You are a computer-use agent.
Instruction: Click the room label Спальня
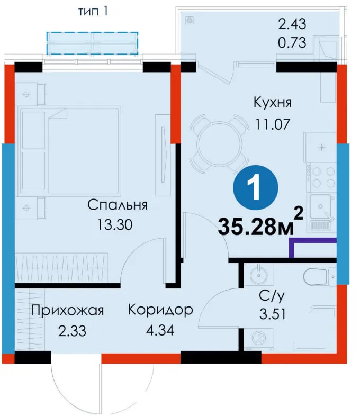tap(118, 205)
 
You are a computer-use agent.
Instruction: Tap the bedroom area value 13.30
tap(115, 225)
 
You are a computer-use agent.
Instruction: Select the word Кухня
tap(273, 102)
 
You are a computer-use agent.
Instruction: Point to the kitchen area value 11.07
tap(273, 124)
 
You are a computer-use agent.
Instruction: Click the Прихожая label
tap(67, 310)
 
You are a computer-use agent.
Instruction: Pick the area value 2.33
tap(72, 331)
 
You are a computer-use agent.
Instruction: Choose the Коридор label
tap(160, 310)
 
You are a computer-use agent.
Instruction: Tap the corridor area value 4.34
tap(160, 330)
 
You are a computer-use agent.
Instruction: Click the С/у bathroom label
tap(272, 295)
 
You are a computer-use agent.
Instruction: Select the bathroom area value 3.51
tap(273, 314)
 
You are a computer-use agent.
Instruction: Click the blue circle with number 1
tap(256, 187)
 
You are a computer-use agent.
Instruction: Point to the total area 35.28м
tap(256, 227)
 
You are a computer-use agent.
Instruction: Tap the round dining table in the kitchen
tap(219, 144)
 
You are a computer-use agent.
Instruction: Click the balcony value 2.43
tap(292, 24)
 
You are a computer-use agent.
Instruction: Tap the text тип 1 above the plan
tap(93, 11)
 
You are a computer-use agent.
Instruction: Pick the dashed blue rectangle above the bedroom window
tap(92, 43)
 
